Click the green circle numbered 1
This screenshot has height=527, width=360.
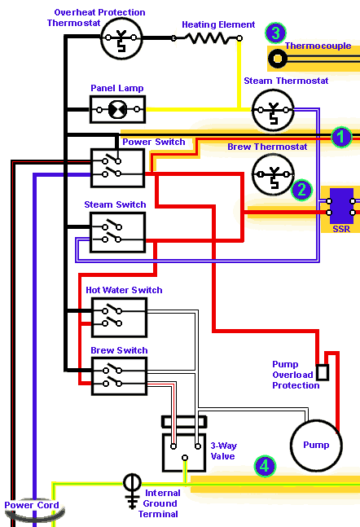point(340,137)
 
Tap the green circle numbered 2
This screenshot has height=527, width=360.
point(301,190)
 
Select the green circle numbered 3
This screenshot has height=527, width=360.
point(275,33)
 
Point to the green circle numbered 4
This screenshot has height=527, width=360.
point(265,466)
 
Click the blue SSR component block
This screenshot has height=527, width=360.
point(341,206)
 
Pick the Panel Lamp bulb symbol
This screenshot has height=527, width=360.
point(117,110)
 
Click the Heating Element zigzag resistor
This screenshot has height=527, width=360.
point(207,38)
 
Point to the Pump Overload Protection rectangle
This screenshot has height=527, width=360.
point(323,372)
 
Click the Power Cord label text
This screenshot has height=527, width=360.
point(32,505)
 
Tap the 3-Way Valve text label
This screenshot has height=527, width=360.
point(223,451)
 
